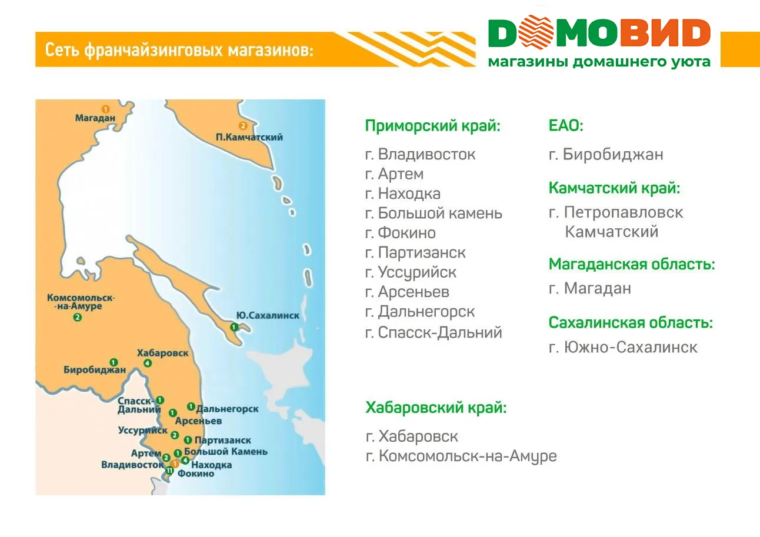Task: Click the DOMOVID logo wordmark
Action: pos(599,34)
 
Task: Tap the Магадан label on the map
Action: pos(95,118)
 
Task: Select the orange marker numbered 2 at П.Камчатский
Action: pos(243,125)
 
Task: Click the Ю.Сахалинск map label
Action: pos(267,316)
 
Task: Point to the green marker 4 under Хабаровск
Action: pos(147,363)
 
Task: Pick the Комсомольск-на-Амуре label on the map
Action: pos(81,302)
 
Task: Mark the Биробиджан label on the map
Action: pos(95,370)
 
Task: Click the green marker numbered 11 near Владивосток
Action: pos(169,471)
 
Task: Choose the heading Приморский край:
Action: pos(432,126)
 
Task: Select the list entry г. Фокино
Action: pos(400,233)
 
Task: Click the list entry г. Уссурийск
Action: pos(410,272)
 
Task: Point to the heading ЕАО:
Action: pos(565,126)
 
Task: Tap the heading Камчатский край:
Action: pos(614,188)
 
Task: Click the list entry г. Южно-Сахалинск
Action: pos(623,347)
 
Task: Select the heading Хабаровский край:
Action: pos(435,408)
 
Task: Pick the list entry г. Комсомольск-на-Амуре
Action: pos(461,456)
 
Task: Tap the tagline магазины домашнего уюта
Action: pos(599,62)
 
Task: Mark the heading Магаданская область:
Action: pos(632,264)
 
